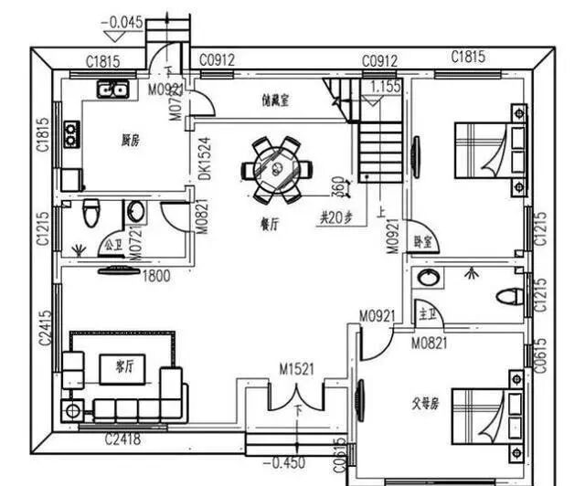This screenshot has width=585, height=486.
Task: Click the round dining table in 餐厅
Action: pyautogui.click(x=275, y=169)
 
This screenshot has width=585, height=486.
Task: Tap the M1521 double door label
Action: pyautogui.click(x=296, y=368)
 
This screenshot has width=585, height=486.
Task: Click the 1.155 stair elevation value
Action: pyautogui.click(x=385, y=88)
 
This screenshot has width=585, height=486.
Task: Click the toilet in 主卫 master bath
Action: pyautogui.click(x=510, y=297)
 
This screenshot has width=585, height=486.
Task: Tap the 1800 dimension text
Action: pyautogui.click(x=155, y=277)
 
